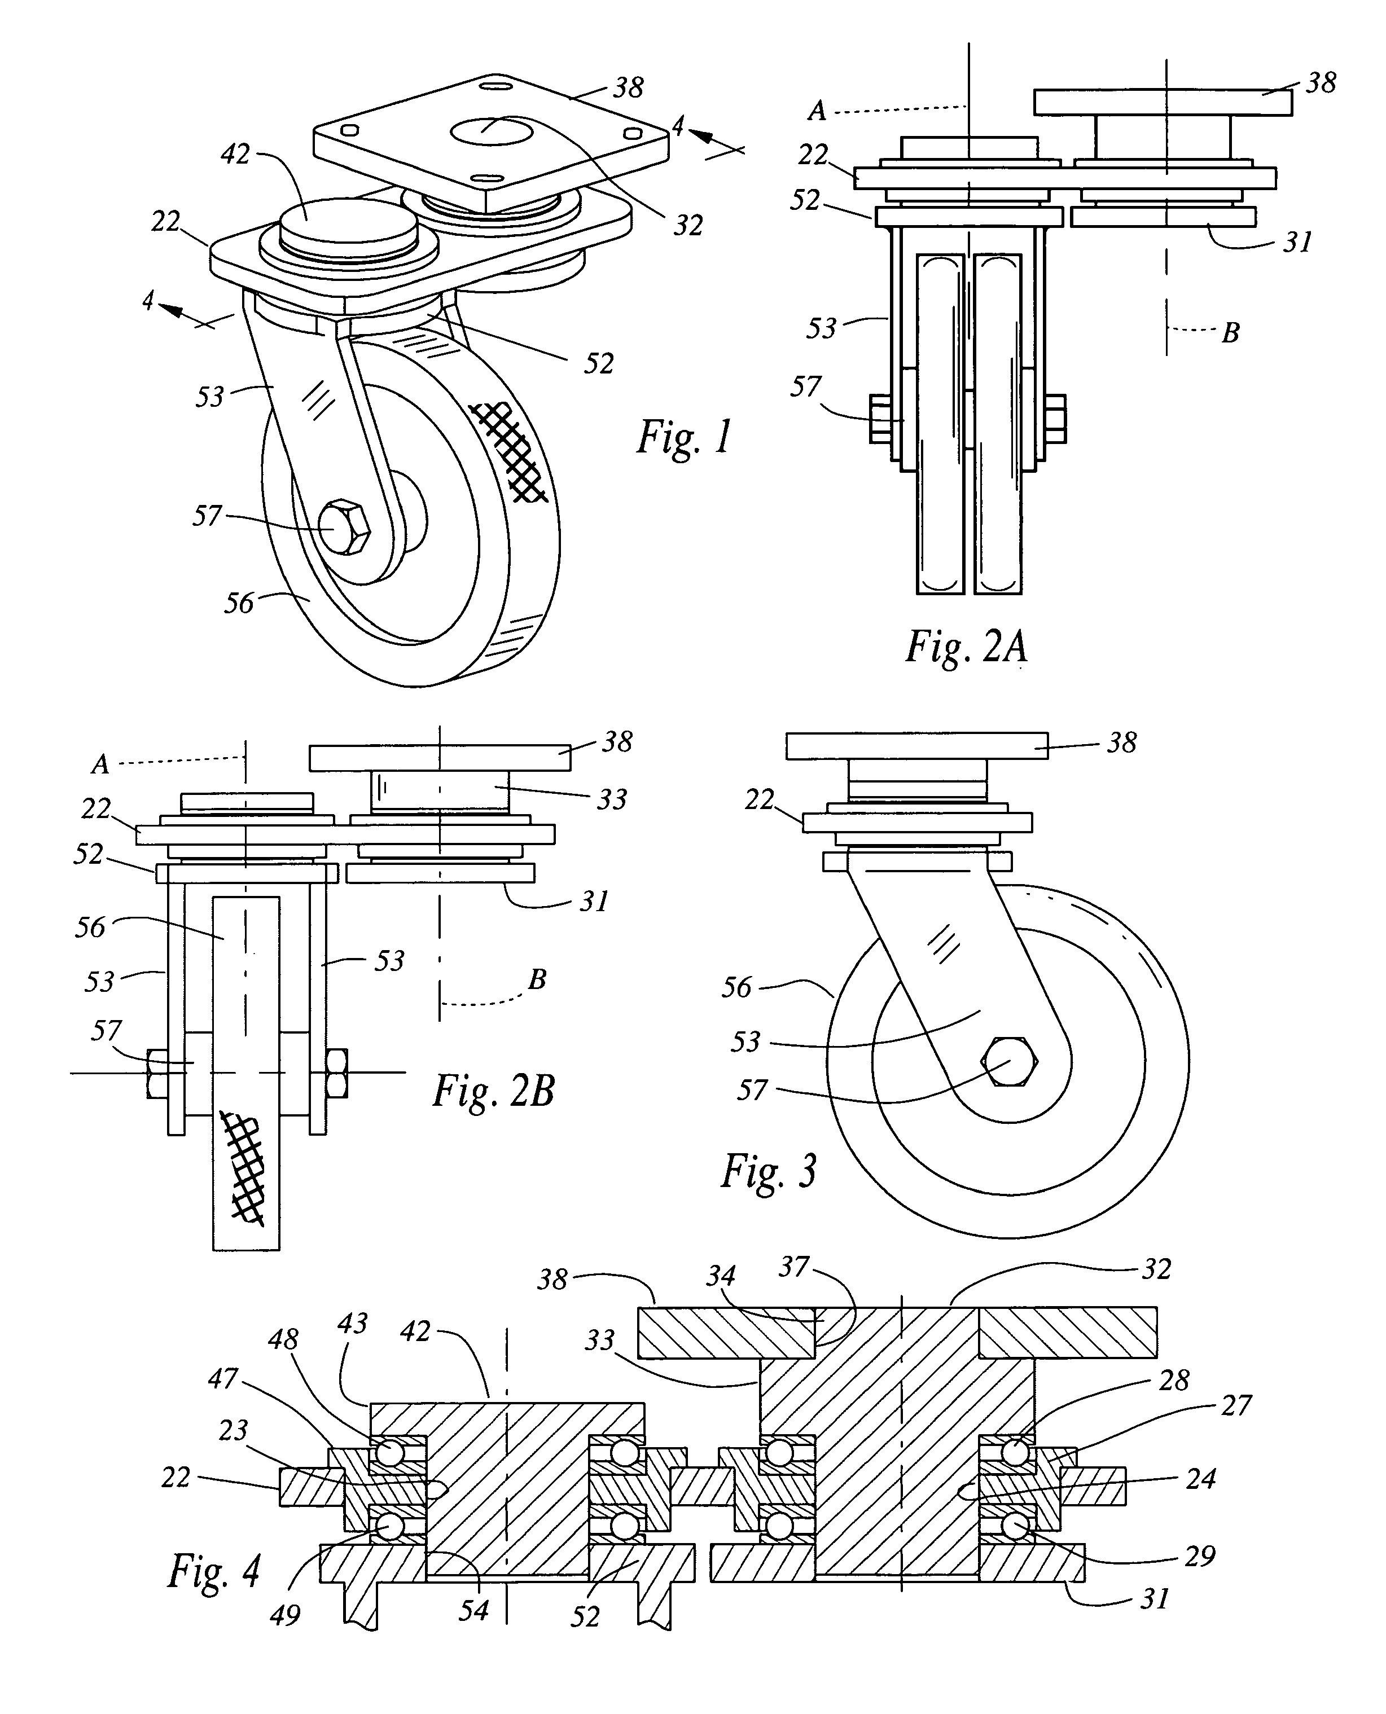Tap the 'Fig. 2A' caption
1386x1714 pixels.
click(x=966, y=647)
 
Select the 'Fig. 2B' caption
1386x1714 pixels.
click(x=493, y=1091)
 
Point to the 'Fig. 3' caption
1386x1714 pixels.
click(x=769, y=1172)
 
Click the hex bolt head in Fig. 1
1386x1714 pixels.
click(x=345, y=527)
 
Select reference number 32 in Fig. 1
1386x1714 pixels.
click(x=688, y=226)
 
